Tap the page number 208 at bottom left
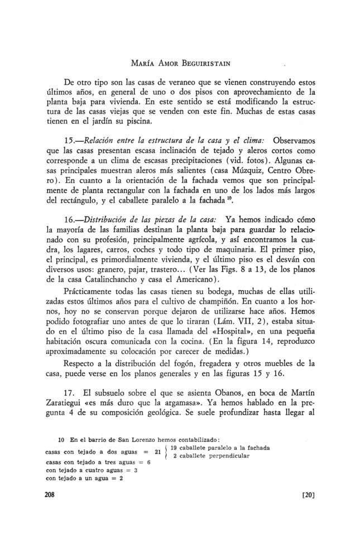coord(51,494)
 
